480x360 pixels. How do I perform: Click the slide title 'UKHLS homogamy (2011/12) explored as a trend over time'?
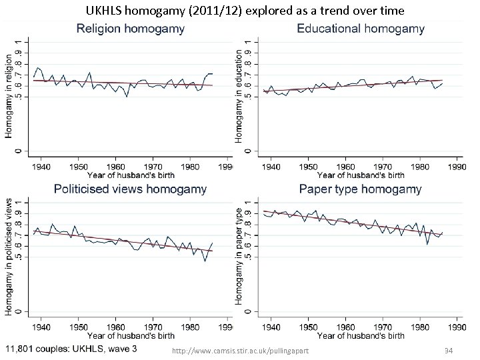[x=245, y=11]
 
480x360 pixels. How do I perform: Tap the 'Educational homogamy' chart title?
[x=360, y=29]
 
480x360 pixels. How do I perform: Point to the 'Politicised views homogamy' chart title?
[x=130, y=189]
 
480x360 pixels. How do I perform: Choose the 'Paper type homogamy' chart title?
[x=360, y=189]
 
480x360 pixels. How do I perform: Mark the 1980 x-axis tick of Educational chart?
[x=419, y=167]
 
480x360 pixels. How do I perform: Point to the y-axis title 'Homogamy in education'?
[x=239, y=97]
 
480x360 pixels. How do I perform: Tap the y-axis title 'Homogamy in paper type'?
[x=239, y=257]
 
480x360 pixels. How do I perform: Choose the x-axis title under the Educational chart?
[x=360, y=175]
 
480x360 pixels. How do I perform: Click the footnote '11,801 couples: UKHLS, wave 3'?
[x=72, y=349]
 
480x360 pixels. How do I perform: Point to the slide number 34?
[x=449, y=351]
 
